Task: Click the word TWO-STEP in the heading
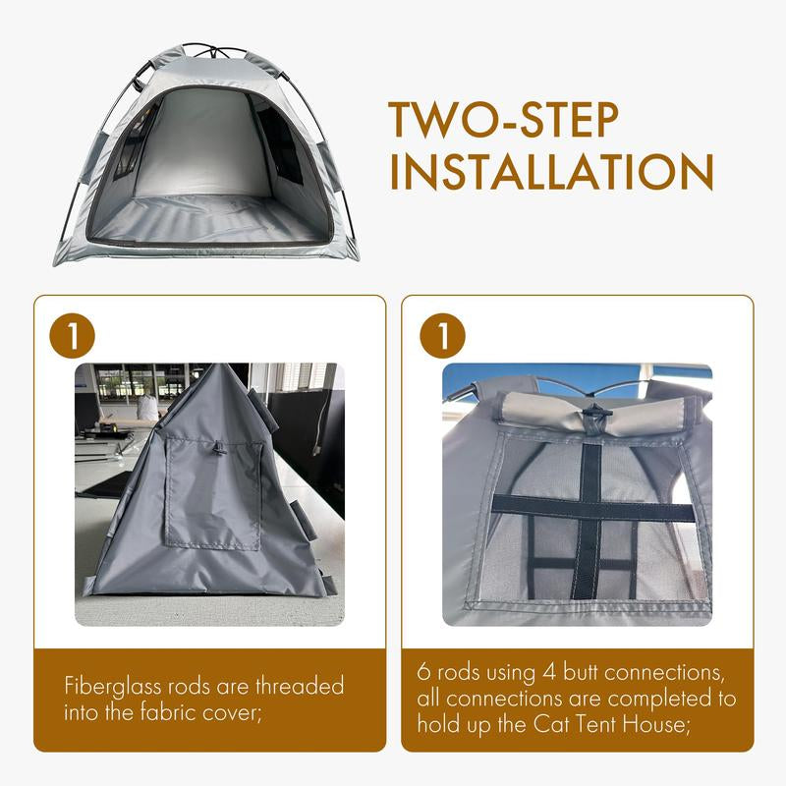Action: [503, 120]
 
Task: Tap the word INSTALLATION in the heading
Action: [551, 172]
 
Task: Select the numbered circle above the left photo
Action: [72, 336]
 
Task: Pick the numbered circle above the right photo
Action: [443, 336]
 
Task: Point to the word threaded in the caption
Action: [300, 686]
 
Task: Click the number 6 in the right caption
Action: [423, 673]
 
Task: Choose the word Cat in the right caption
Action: [551, 724]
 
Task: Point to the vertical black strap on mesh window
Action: [588, 522]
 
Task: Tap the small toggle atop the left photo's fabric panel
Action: [218, 448]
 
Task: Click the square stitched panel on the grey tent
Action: [213, 493]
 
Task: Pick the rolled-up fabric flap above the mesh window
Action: [595, 413]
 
